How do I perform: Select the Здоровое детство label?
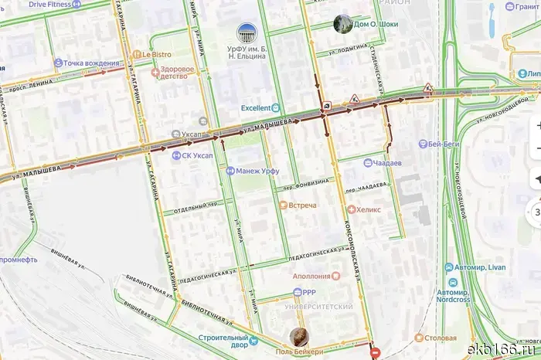point(177,72)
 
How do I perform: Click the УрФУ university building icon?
point(247,33)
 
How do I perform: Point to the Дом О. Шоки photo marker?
point(340,24)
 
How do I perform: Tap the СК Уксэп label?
point(197,155)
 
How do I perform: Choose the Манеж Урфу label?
point(253,170)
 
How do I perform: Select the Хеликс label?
point(366,209)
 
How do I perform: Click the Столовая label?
point(434,338)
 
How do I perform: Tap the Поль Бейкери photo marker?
point(299,337)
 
